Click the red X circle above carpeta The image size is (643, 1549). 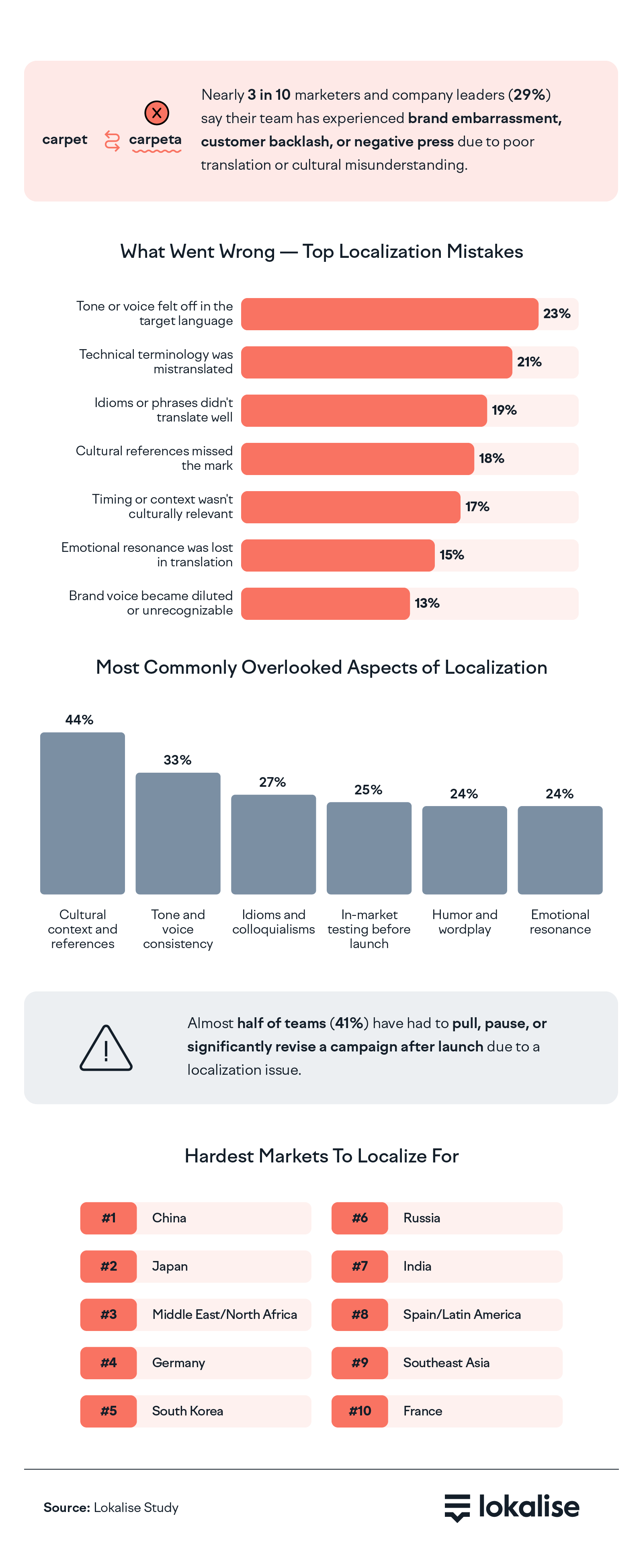(x=157, y=113)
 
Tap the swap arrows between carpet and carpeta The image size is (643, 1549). (x=112, y=141)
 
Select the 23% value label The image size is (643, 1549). (x=557, y=314)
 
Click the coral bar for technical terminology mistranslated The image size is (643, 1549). (x=376, y=362)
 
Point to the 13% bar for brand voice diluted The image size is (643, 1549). (x=325, y=603)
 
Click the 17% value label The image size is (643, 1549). (x=477, y=507)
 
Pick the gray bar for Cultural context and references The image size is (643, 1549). (x=82, y=813)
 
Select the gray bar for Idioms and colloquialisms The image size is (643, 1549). (x=273, y=844)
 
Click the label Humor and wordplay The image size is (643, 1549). (x=465, y=922)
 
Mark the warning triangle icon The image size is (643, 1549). (x=106, y=1048)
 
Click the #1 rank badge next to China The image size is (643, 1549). (x=108, y=1218)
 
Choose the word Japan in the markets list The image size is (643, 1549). (x=170, y=1266)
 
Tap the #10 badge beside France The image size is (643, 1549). (x=359, y=1411)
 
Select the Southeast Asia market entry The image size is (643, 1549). (x=446, y=1363)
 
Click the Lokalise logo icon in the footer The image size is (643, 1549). (x=457, y=1507)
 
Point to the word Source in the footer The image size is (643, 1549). (x=66, y=1508)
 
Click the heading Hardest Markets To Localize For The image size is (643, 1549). (x=321, y=1156)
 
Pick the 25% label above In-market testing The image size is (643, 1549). (x=369, y=790)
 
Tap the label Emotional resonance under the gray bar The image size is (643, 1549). (x=560, y=922)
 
